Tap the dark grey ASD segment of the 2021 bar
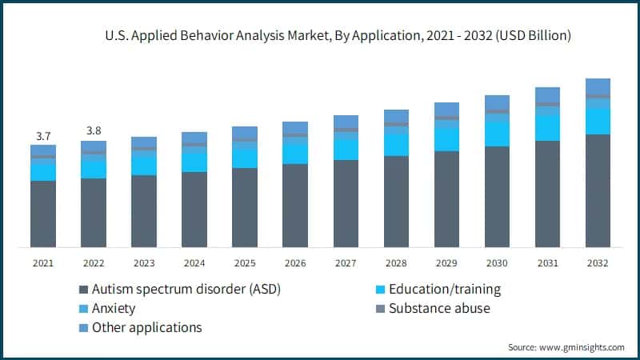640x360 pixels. pyautogui.click(x=43, y=214)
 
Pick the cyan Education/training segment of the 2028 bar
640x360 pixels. pyautogui.click(x=396, y=142)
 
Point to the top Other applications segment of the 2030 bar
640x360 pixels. pyautogui.click(x=497, y=102)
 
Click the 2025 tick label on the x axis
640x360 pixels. pyautogui.click(x=245, y=263)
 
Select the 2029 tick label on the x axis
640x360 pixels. pyautogui.click(x=446, y=263)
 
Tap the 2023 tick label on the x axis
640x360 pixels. pyautogui.click(x=144, y=263)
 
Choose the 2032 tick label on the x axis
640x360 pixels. pyautogui.click(x=598, y=263)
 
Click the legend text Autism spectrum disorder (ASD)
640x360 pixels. pyautogui.click(x=186, y=290)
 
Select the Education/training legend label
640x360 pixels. pyautogui.click(x=445, y=290)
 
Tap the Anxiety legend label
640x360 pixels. pyautogui.click(x=114, y=308)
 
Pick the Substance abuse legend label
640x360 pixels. pyautogui.click(x=438, y=308)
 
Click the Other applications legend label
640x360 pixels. pyautogui.click(x=146, y=327)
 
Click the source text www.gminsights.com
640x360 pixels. pyautogui.click(x=584, y=347)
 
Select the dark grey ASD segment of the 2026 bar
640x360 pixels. pyautogui.click(x=295, y=206)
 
